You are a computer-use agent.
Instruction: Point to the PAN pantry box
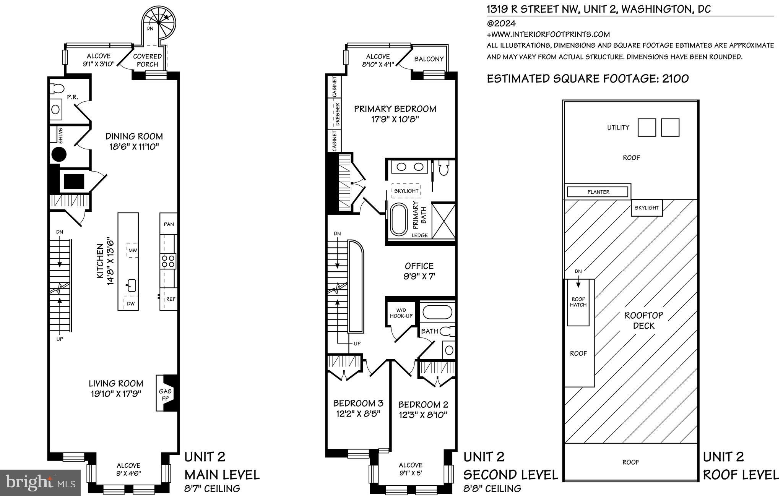point(169,224)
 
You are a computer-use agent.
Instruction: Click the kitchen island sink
point(132,285)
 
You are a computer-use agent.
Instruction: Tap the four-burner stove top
point(169,261)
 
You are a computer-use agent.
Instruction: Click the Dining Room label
point(134,136)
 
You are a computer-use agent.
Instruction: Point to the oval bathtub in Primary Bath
point(399,219)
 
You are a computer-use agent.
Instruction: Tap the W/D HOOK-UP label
point(400,313)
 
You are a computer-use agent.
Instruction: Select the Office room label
point(419,266)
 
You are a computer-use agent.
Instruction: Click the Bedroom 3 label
point(358,403)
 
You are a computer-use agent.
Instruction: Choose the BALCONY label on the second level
point(429,59)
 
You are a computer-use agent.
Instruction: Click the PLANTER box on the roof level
point(598,192)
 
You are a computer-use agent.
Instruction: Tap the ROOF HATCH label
point(578,302)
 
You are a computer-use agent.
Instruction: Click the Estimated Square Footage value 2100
point(675,79)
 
